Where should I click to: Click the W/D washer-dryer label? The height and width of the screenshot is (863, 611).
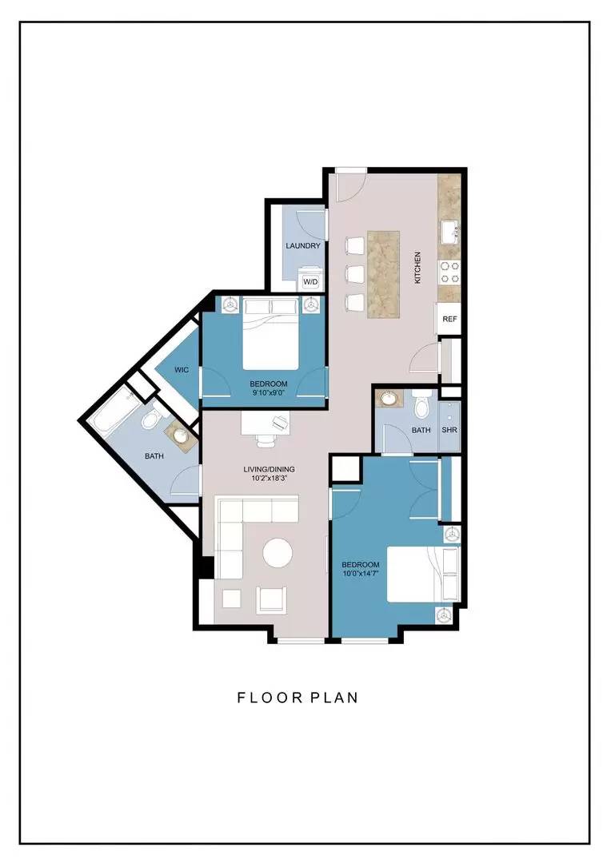[311, 282]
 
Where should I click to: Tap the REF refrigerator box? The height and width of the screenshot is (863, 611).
[449, 319]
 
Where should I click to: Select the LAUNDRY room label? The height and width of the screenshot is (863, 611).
[303, 246]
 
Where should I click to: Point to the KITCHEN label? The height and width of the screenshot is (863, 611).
[417, 268]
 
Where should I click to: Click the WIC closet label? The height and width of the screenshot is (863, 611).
[182, 370]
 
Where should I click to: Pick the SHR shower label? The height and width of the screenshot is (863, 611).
[449, 431]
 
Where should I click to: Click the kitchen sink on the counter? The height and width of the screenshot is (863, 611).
[450, 232]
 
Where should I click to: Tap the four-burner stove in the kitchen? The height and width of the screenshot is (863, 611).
[449, 272]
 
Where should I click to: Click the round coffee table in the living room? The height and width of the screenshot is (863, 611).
[278, 553]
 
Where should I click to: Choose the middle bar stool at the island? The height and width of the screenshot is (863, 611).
[355, 273]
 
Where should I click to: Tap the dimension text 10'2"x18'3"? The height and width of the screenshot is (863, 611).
[270, 479]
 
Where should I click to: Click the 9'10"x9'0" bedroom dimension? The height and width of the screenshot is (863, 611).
[268, 393]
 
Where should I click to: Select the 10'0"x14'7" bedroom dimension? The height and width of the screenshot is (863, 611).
[361, 574]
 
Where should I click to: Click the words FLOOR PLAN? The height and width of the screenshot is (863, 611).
[298, 698]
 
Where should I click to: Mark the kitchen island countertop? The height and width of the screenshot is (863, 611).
[383, 273]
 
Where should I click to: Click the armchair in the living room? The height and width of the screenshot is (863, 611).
[272, 598]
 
